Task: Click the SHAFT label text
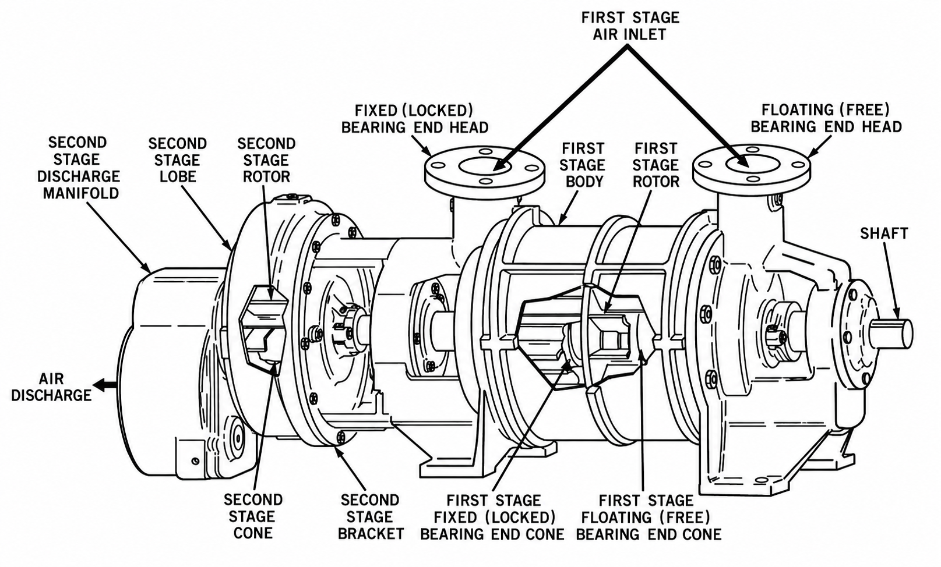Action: pyautogui.click(x=884, y=234)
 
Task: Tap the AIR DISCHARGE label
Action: pyautogui.click(x=51, y=387)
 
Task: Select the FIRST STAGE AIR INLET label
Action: pyautogui.click(x=630, y=26)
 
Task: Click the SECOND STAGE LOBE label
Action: pyautogui.click(x=178, y=160)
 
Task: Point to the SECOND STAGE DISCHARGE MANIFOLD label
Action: pyautogui.click(x=78, y=168)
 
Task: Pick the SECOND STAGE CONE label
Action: pyautogui.click(x=253, y=516)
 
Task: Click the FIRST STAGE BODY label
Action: pyautogui.click(x=583, y=165)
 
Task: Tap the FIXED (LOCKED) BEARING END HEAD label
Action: pyautogui.click(x=415, y=119)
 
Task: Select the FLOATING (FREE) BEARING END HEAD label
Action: pyautogui.click(x=826, y=118)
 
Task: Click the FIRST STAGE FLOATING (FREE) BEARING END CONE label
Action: pyautogui.click(x=649, y=518)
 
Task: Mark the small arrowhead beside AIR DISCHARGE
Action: pyautogui.click(x=99, y=384)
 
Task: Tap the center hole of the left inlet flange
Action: pyautogui.click(x=485, y=165)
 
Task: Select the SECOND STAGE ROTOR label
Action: pyautogui.click(x=266, y=160)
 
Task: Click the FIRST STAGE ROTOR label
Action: pyautogui.click(x=656, y=165)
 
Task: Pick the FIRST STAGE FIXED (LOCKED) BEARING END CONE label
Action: pyautogui.click(x=492, y=518)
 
